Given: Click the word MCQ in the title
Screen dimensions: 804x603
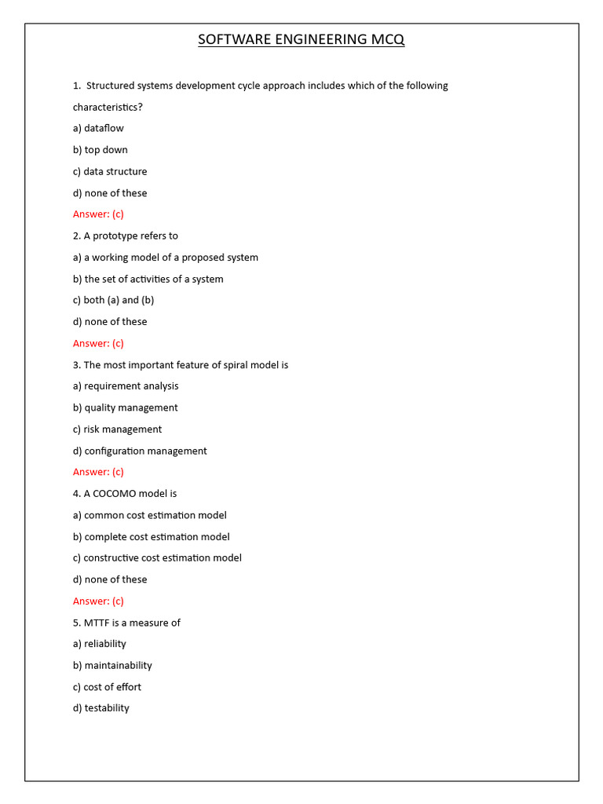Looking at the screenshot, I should (x=385, y=39).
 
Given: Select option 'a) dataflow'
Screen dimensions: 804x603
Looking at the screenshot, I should (x=98, y=128).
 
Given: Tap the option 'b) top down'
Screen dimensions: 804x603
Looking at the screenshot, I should (x=100, y=150).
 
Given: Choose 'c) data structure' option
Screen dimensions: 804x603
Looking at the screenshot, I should (x=110, y=171).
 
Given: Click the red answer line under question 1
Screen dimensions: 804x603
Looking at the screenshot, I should (x=98, y=214).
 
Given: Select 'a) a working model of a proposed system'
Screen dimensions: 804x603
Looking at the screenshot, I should (x=166, y=258).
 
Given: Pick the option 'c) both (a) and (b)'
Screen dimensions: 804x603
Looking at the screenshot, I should (x=113, y=300).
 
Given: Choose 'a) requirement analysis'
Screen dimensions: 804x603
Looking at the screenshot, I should (x=126, y=386).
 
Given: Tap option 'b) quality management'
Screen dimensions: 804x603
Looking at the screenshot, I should (x=126, y=407).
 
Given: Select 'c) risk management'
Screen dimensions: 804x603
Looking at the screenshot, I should (x=118, y=429).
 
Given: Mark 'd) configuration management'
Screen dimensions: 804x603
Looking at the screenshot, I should (x=140, y=451).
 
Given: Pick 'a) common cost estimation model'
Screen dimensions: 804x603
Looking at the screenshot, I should (x=150, y=515).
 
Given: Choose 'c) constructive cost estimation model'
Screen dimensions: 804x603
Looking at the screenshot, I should (x=157, y=557).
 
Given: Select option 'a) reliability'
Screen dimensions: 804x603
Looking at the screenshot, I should (x=100, y=644).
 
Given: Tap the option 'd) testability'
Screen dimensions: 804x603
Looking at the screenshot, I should (x=101, y=708).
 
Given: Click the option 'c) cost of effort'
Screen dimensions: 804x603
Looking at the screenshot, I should (x=108, y=687).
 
